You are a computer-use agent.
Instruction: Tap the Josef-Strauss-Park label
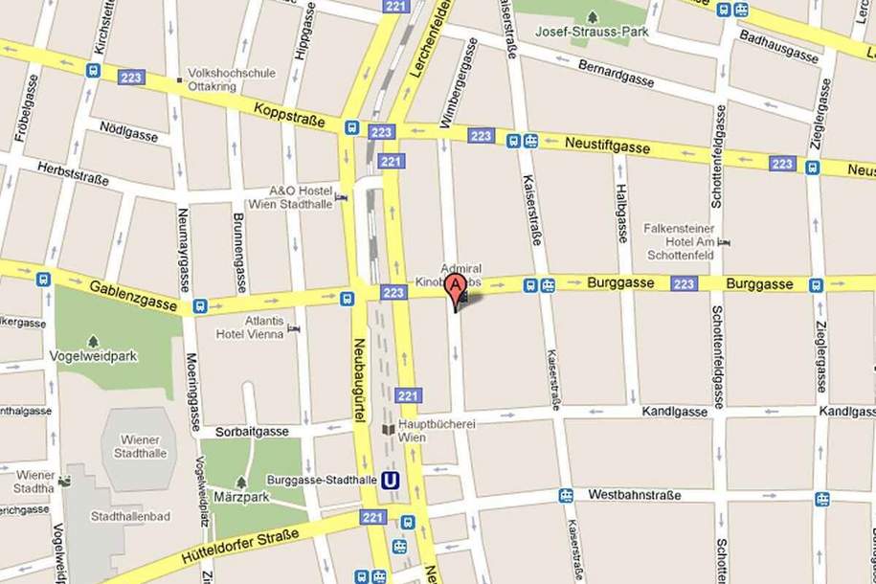[592, 33]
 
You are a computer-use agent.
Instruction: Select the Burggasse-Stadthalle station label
[321, 480]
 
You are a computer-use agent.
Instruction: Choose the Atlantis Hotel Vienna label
[250, 328]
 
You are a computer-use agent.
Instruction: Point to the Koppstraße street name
[288, 115]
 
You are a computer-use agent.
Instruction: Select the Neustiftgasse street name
[607, 146]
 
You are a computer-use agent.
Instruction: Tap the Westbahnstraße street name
[634, 495]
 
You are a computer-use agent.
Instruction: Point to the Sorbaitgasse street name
[252, 432]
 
